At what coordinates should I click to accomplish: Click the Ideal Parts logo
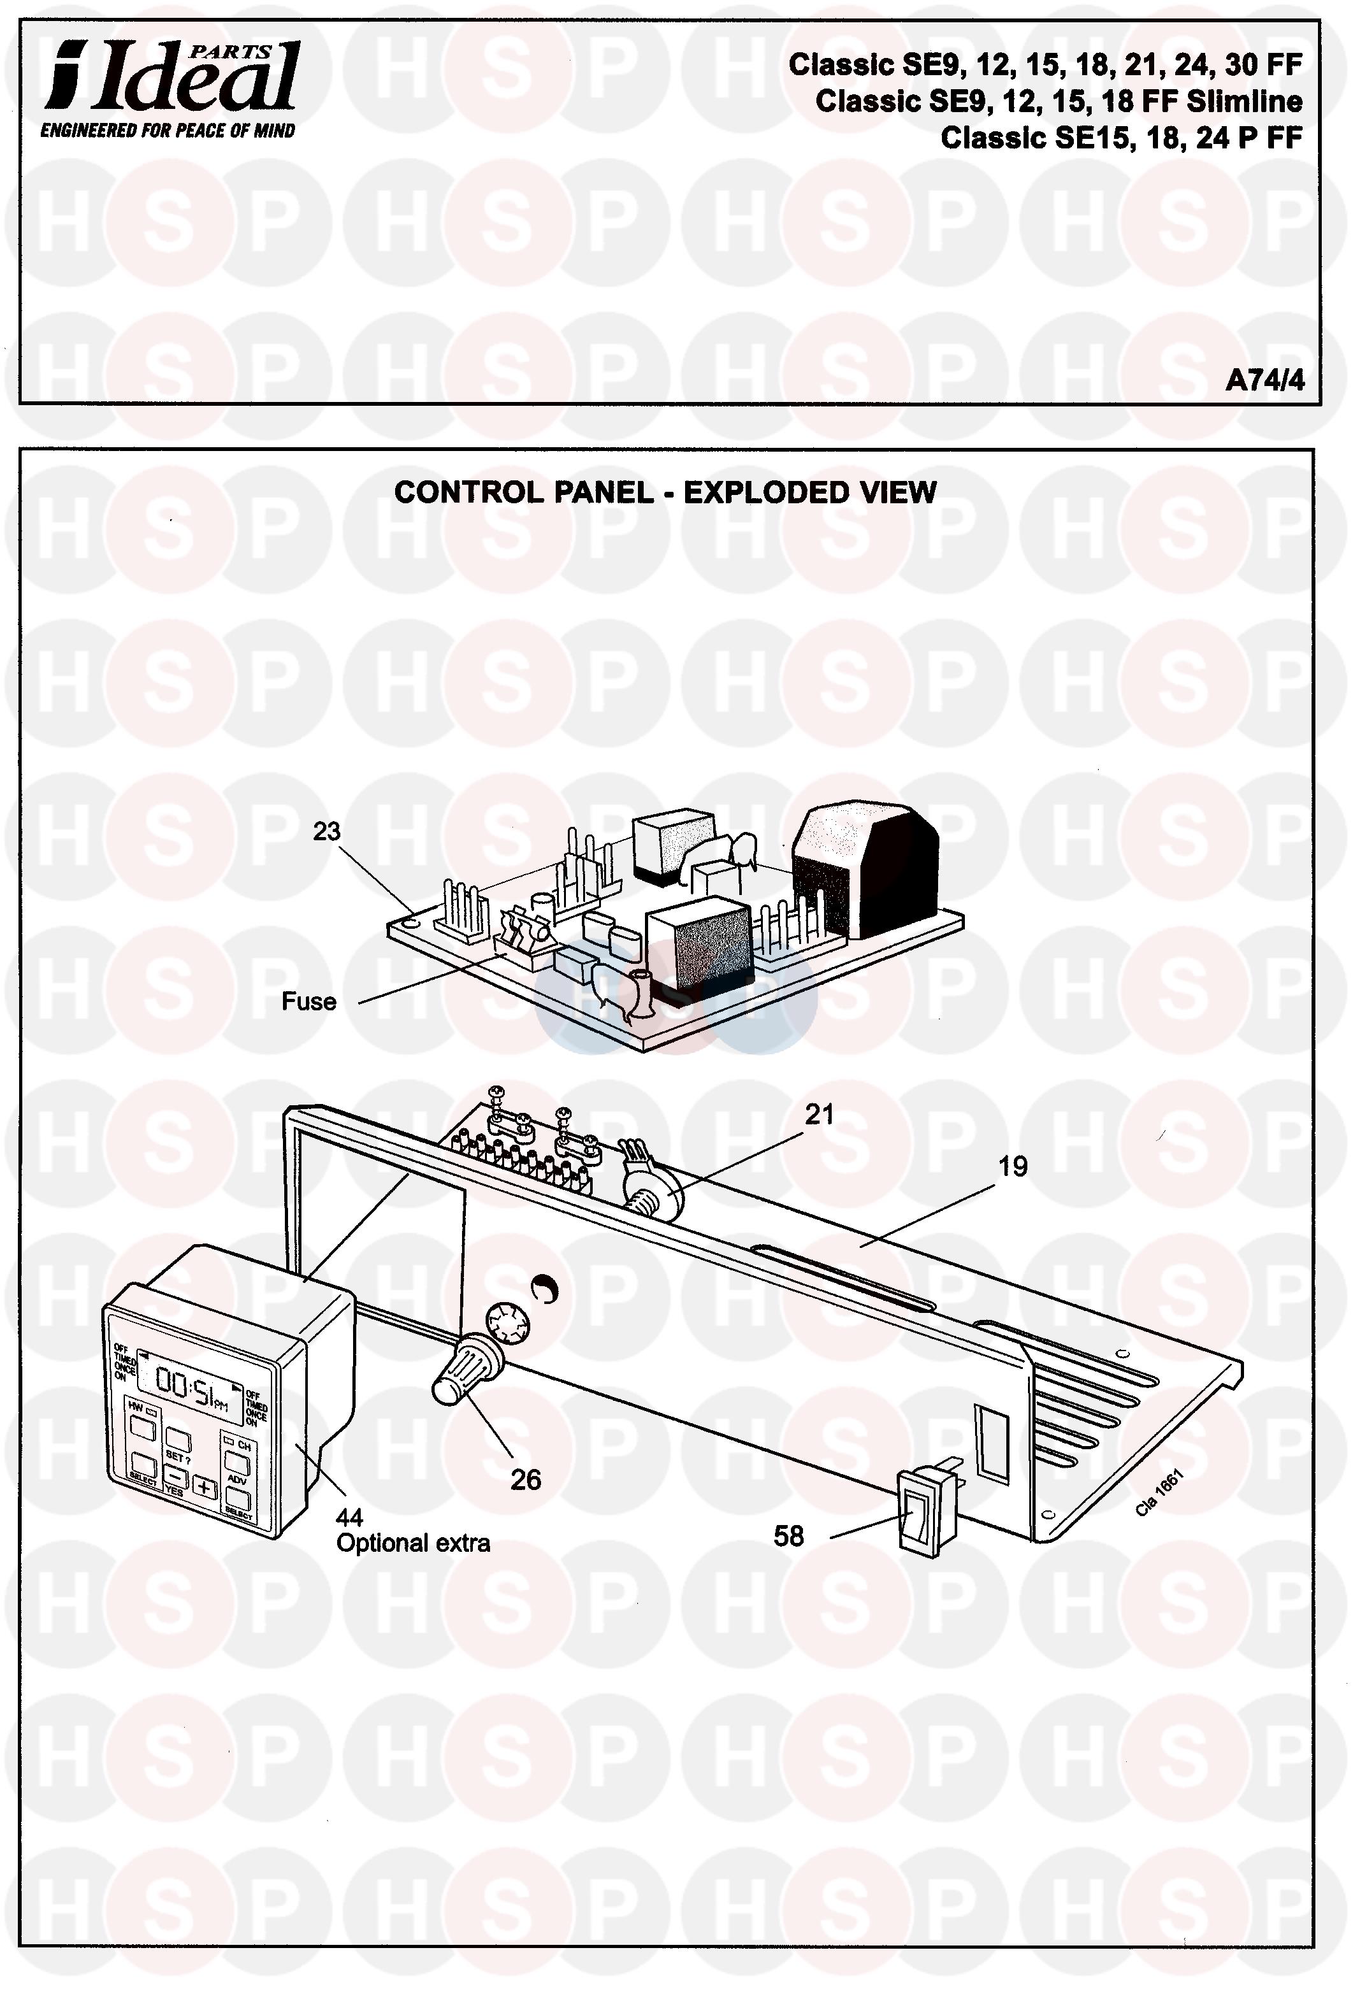(171, 79)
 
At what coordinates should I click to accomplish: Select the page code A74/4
(1264, 380)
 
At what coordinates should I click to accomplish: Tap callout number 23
(327, 831)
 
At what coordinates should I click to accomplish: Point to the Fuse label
(308, 1001)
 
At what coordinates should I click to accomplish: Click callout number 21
(819, 1114)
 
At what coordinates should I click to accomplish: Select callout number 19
(1013, 1166)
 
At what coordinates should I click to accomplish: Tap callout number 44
(349, 1517)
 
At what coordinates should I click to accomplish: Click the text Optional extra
(413, 1544)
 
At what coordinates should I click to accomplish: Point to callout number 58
(789, 1536)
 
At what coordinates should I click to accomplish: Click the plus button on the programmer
(204, 1487)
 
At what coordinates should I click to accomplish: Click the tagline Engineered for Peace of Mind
(168, 131)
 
